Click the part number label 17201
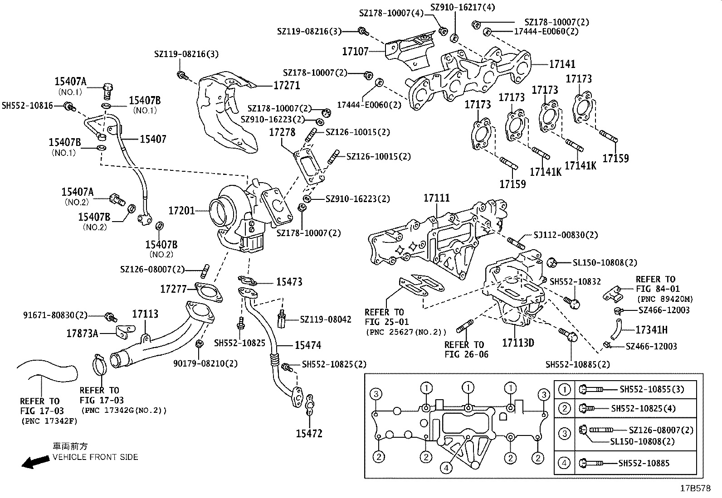[181, 211]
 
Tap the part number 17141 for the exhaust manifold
[562, 64]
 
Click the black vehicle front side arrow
[36, 462]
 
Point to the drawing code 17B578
[695, 488]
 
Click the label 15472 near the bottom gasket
[309, 434]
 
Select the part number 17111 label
[437, 198]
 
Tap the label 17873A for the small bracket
[83, 334]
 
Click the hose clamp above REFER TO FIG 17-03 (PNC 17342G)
[101, 363]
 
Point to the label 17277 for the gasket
[173, 289]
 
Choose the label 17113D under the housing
[518, 343]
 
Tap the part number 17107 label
[355, 51]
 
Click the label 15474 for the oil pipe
[307, 345]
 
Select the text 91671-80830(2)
[55, 315]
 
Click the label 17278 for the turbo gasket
[282, 132]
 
